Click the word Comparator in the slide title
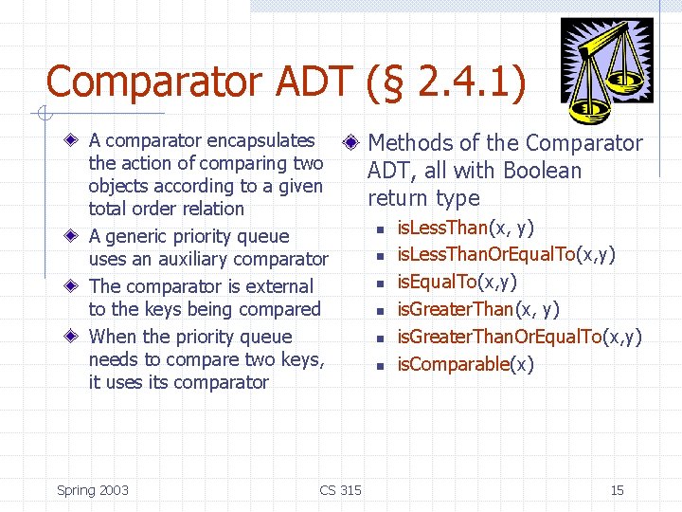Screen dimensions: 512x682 (157, 82)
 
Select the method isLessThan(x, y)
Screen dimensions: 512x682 (465, 228)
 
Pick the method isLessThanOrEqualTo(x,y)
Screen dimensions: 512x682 (507, 255)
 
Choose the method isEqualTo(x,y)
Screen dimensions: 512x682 (457, 283)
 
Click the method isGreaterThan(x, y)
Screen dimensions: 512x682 (478, 310)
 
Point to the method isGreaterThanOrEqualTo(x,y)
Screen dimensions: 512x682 (519, 337)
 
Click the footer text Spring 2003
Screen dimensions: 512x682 (93, 490)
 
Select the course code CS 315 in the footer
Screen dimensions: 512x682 (340, 490)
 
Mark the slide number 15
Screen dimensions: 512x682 (617, 490)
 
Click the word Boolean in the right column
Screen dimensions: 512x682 (543, 171)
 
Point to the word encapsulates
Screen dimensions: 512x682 (260, 140)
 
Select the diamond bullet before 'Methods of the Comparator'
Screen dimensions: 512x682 (350, 143)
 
